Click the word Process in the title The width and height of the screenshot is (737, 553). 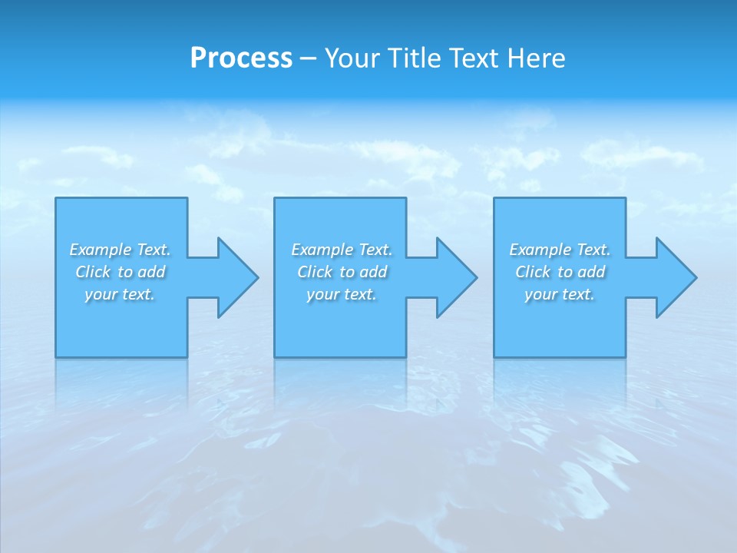coord(241,58)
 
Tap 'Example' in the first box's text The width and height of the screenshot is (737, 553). coord(101,250)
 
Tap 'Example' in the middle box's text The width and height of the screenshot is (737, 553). coord(322,250)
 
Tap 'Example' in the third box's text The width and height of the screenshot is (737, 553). coord(540,250)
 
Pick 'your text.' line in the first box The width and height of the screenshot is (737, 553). coord(119,294)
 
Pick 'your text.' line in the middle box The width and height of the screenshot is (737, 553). coord(341,294)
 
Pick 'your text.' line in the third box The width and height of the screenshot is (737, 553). coord(559,294)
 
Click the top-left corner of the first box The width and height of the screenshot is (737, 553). coord(56,198)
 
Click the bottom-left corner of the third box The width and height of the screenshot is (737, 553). coord(494,356)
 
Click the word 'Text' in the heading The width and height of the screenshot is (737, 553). coord(472,58)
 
